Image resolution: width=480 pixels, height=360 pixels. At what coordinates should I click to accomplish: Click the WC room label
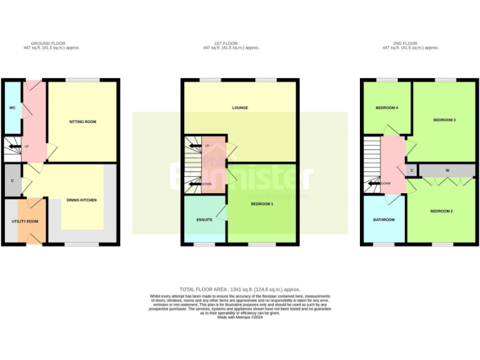click(x=12, y=108)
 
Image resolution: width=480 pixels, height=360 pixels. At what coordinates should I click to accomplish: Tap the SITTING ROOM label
click(x=82, y=121)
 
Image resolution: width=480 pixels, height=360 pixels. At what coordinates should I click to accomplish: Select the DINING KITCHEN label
click(x=81, y=200)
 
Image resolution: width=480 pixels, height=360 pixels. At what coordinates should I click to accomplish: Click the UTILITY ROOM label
click(x=25, y=221)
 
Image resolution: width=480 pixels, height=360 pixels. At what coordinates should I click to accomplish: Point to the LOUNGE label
click(x=240, y=107)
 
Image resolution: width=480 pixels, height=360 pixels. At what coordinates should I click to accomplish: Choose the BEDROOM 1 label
click(x=262, y=204)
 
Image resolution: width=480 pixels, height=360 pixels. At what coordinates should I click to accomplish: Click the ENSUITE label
click(x=204, y=220)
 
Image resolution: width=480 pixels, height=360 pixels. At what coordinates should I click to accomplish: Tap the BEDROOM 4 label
click(x=387, y=108)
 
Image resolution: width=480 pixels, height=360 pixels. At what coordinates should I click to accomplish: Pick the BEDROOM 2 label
click(x=441, y=211)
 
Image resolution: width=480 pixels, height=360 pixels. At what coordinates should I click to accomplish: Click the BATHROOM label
click(x=384, y=219)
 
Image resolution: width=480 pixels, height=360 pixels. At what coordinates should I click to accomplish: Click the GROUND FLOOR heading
click(x=52, y=43)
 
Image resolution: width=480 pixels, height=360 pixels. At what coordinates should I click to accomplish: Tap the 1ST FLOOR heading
click(x=223, y=43)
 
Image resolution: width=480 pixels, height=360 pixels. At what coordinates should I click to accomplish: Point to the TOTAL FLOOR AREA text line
click(x=240, y=289)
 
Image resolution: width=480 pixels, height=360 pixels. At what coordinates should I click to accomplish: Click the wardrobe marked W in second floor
click(x=447, y=170)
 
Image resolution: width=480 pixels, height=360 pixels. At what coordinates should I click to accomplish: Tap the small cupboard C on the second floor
click(x=412, y=170)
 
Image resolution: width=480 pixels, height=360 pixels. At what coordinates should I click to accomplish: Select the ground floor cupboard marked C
click(x=12, y=181)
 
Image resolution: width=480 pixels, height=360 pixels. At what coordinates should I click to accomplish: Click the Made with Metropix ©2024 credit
click(x=240, y=317)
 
